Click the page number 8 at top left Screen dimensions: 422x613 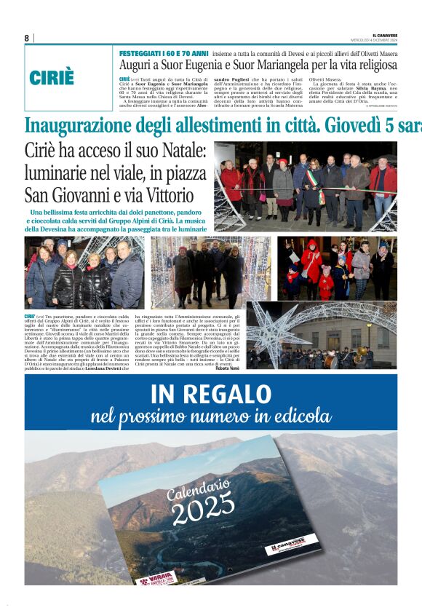click(26, 38)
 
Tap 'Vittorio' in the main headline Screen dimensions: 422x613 click(167, 195)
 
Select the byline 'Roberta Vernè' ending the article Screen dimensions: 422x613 click(231, 368)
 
